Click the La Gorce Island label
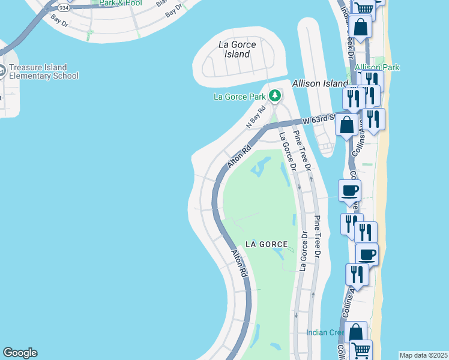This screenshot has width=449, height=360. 237,49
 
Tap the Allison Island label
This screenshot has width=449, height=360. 320,83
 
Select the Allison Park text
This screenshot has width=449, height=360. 377,67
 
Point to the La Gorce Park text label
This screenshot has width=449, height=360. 240,96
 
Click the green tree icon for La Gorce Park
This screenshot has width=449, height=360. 275,95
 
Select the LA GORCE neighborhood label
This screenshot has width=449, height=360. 267,244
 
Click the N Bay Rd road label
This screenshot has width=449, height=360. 256,118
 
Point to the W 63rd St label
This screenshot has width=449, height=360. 319,119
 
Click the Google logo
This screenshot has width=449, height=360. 20,353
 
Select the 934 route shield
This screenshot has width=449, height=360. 63,8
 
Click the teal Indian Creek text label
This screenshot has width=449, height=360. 325,332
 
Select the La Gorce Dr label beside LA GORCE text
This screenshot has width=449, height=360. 303,250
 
